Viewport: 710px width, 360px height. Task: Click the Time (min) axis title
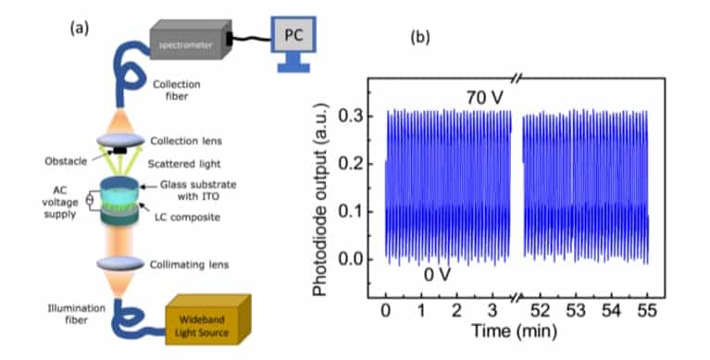[517, 329]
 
